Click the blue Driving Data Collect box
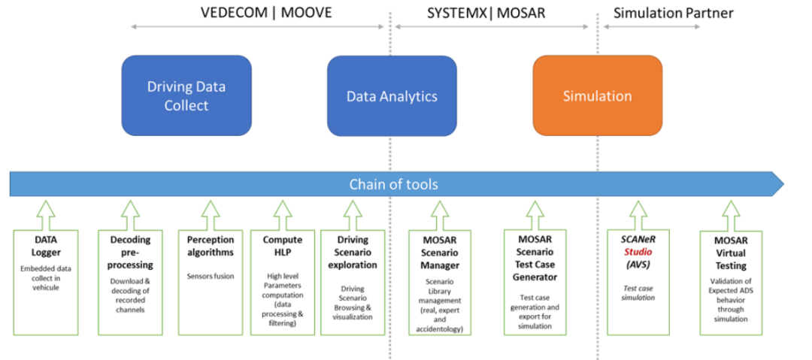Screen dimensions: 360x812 point(186,96)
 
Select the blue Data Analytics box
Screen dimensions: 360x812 point(392,96)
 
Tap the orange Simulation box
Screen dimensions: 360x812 point(597,96)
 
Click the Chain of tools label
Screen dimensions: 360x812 point(393,184)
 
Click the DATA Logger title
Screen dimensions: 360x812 point(46,246)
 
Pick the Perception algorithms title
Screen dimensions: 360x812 point(211,246)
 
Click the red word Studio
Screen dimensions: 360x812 point(635,251)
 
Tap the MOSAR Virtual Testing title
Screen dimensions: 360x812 point(730,252)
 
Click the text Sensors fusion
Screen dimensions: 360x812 point(211,276)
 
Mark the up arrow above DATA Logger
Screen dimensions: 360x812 point(46,213)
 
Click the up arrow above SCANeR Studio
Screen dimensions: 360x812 point(636,213)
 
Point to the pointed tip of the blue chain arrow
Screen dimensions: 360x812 point(783,184)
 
